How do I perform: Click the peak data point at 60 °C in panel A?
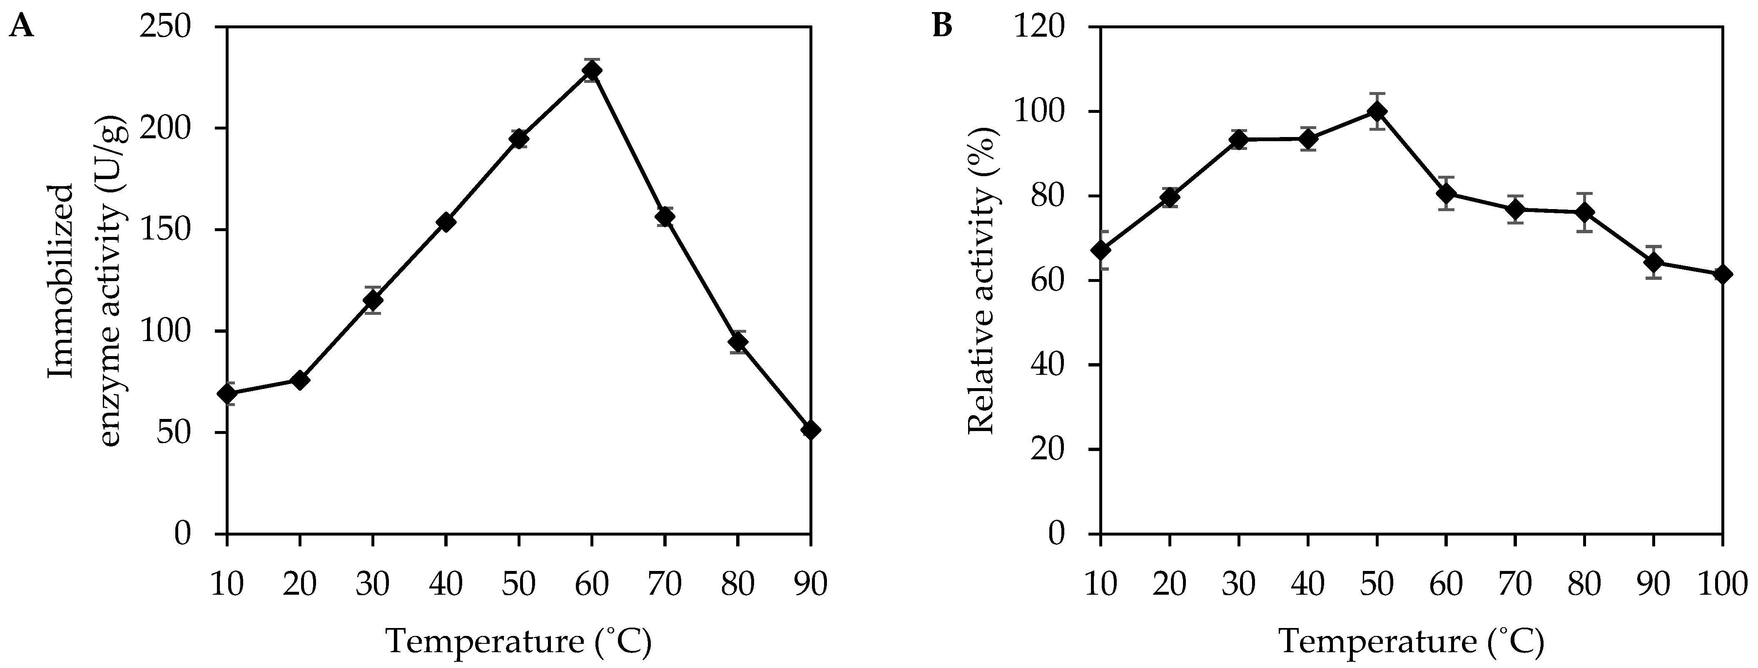point(592,70)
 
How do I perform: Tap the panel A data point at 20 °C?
point(300,380)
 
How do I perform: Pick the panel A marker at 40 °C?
point(446,221)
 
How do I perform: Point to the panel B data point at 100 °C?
point(1722,274)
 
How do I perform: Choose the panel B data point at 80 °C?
point(1584,213)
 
